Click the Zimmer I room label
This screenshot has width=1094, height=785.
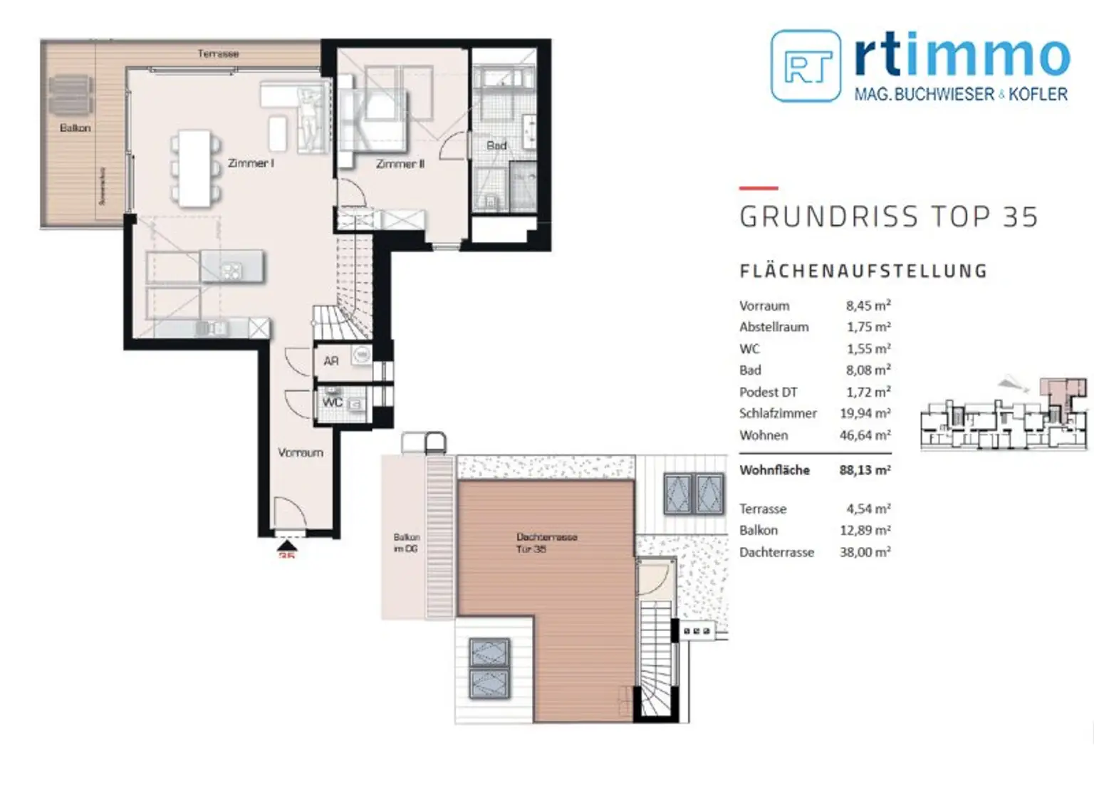[251, 163]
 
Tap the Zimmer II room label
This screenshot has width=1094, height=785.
[400, 164]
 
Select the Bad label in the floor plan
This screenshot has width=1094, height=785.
[496, 145]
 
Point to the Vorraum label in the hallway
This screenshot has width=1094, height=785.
[300, 452]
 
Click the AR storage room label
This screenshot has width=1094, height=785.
[331, 361]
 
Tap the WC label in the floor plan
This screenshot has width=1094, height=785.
[332, 402]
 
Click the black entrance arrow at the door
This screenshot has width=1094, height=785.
[287, 546]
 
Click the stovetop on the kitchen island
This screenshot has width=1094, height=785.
[232, 270]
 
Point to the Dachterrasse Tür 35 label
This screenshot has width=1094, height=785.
[546, 543]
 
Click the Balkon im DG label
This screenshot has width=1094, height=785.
[406, 543]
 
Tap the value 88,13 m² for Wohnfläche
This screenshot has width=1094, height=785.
[865, 470]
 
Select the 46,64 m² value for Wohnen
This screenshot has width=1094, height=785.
[865, 435]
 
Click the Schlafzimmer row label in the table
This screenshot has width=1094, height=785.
[778, 413]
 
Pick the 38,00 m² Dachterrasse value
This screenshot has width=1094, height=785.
[865, 552]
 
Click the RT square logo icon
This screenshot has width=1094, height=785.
[806, 66]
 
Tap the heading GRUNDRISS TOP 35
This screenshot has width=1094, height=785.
[888, 217]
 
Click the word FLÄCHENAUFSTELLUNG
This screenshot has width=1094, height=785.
[863, 271]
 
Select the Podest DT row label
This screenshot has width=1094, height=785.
[768, 392]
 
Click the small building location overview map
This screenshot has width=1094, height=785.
[1004, 415]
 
